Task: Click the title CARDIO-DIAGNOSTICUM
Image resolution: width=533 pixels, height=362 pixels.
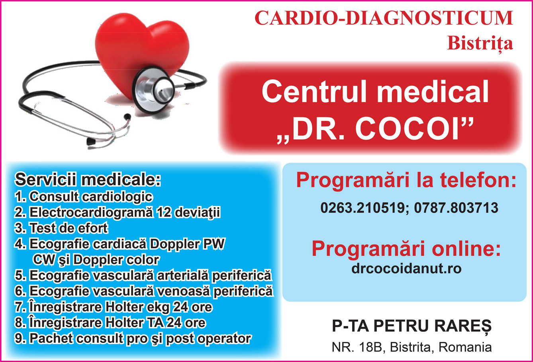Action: pyautogui.click(x=384, y=18)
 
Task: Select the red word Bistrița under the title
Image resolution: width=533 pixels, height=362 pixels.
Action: pyautogui.click(x=480, y=44)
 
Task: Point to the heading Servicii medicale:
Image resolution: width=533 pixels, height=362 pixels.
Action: pyautogui.click(x=88, y=179)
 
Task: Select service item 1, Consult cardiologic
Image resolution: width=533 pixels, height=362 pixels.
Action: pyautogui.click(x=84, y=197)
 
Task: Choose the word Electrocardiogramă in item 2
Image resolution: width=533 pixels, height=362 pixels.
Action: pyautogui.click(x=91, y=212)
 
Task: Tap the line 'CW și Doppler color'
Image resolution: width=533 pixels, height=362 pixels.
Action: pyautogui.click(x=96, y=259)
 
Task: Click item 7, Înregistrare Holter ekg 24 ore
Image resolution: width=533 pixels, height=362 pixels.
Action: pyautogui.click(x=114, y=307)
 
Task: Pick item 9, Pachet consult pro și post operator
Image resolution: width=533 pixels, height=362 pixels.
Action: pyautogui.click(x=133, y=339)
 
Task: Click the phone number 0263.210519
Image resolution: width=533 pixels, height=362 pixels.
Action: pyautogui.click(x=363, y=208)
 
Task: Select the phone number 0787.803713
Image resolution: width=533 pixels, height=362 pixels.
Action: pyautogui.click(x=456, y=208)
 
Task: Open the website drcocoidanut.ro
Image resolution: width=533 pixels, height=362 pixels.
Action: pyautogui.click(x=406, y=269)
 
